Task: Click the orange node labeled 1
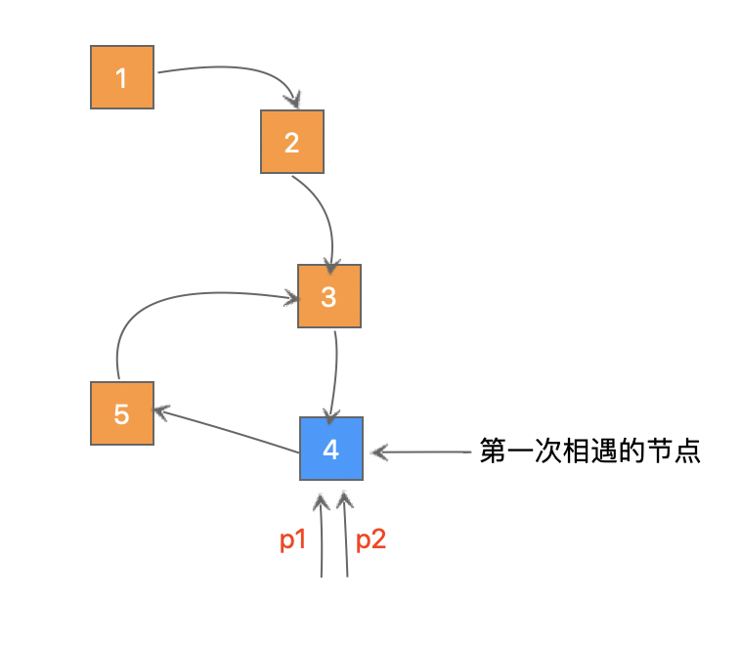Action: pyautogui.click(x=121, y=77)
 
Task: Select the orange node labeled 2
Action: pyautogui.click(x=291, y=142)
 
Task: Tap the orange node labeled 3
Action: pyautogui.click(x=329, y=296)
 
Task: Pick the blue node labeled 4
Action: pyautogui.click(x=330, y=449)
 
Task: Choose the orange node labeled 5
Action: pyautogui.click(x=121, y=413)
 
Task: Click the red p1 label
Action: pyautogui.click(x=294, y=540)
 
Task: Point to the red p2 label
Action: pyautogui.click(x=370, y=540)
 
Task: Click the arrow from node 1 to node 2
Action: pyautogui.click(x=235, y=69)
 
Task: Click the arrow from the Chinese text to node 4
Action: pyautogui.click(x=420, y=451)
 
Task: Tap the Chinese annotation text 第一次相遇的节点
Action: pyautogui.click(x=589, y=452)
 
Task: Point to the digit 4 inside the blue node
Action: pyautogui.click(x=330, y=450)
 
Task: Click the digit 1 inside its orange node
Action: pyautogui.click(x=121, y=78)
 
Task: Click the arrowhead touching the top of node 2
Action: pyautogui.click(x=292, y=101)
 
